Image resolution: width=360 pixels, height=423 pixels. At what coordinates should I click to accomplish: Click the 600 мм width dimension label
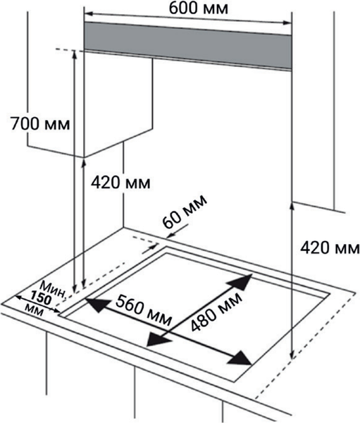199,8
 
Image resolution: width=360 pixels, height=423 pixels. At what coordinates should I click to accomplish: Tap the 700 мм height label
40,124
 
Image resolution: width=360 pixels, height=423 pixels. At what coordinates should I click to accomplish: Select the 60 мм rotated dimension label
185,211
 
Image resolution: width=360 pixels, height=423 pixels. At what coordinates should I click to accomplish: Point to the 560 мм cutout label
144,310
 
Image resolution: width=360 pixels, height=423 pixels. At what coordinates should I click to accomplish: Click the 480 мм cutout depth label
216,311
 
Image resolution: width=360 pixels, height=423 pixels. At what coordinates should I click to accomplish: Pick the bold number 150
40,298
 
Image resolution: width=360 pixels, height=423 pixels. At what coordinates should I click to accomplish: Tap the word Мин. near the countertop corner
54,290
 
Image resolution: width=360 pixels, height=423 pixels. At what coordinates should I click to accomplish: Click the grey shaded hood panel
187,45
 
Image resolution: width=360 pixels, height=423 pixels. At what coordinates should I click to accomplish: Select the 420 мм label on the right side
330,247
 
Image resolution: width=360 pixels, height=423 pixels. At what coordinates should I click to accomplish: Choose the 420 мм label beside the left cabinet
120,183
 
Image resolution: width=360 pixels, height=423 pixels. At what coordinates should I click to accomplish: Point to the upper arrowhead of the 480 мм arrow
240,281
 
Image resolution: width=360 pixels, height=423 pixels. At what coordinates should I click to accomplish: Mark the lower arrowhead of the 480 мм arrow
158,339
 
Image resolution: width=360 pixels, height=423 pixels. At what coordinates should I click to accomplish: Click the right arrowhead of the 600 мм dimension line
287,23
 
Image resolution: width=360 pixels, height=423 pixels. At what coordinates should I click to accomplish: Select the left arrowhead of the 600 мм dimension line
89,13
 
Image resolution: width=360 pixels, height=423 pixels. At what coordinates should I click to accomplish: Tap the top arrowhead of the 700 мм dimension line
75,54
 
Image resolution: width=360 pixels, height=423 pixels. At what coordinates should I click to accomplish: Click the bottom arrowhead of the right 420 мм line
292,355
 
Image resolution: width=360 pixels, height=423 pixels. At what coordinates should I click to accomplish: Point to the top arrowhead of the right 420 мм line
292,207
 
